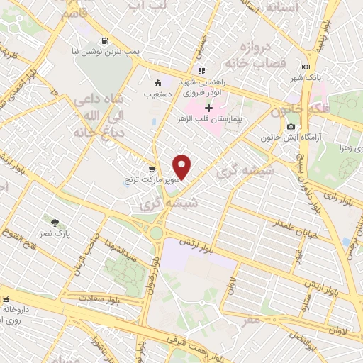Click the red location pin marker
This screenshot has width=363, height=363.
click(x=182, y=166)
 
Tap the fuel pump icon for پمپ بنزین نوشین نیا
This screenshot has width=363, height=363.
click(x=105, y=40)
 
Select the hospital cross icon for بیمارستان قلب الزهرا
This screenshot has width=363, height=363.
click(x=208, y=108)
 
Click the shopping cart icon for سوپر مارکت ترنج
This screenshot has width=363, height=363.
click(x=152, y=169)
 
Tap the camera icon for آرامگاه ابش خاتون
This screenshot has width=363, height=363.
click(x=291, y=127)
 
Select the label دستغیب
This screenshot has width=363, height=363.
click(x=157, y=93)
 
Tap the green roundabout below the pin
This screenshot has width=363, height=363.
click(x=156, y=233)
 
